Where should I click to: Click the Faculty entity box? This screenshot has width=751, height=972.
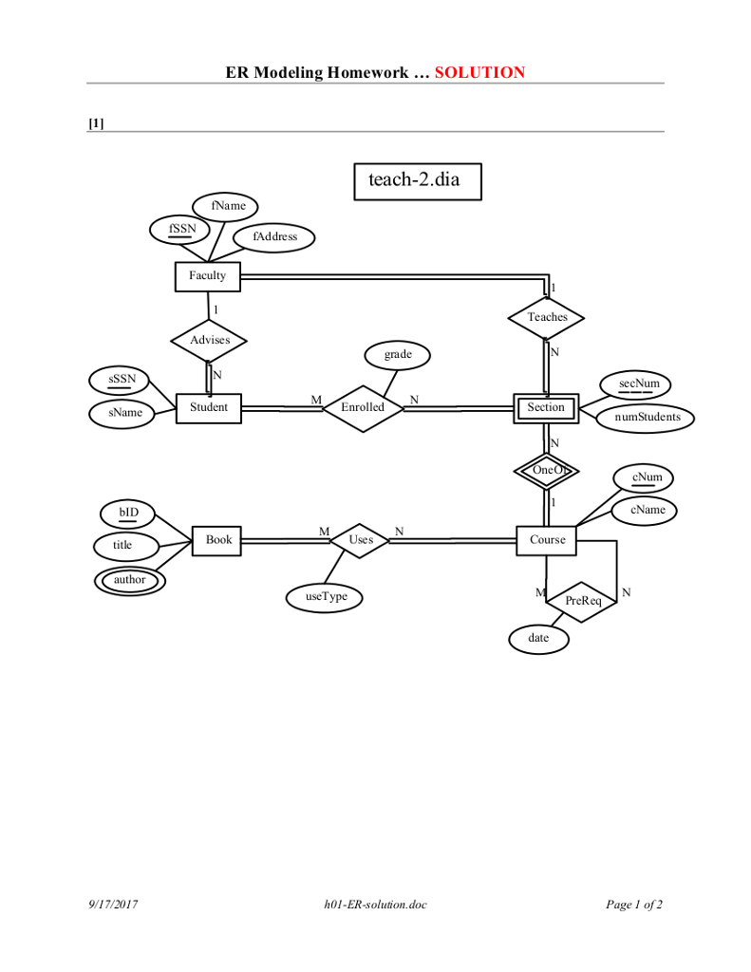(x=207, y=276)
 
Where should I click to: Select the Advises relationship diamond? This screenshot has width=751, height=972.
(x=208, y=340)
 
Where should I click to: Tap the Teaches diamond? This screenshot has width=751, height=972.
(x=547, y=317)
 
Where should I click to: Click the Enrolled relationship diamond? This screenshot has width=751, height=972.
(x=363, y=407)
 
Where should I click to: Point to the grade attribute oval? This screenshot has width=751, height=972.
(x=398, y=355)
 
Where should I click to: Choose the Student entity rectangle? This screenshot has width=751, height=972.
(x=208, y=408)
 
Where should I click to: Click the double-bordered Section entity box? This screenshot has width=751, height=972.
(x=546, y=408)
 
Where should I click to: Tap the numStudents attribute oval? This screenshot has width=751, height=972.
(x=647, y=417)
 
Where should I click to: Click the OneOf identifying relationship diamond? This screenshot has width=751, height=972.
(x=547, y=470)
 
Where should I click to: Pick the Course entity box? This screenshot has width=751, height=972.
(x=547, y=540)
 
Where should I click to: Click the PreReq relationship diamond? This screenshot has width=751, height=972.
(x=583, y=601)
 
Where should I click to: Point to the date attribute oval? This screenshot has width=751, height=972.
(x=538, y=639)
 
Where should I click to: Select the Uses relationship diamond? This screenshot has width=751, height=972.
(x=361, y=540)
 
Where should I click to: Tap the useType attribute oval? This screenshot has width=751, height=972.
(x=326, y=597)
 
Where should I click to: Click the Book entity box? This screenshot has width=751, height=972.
(x=218, y=540)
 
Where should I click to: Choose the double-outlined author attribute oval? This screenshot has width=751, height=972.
(x=130, y=580)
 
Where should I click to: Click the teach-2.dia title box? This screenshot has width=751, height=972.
(x=418, y=180)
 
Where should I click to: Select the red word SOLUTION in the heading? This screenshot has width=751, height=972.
(x=479, y=72)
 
